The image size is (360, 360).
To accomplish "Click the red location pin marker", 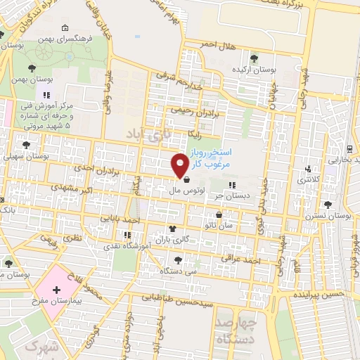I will click(x=180, y=165).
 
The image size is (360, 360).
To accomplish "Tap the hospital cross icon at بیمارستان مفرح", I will click(x=56, y=289).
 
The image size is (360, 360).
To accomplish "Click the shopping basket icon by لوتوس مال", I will click(x=186, y=180).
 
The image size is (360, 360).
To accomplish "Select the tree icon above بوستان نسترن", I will click(x=328, y=205).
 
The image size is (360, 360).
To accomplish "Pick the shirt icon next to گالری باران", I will click(x=172, y=229).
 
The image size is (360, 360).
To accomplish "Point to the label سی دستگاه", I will click(x=181, y=270).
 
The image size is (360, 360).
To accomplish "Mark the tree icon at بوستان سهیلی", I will click(x=26, y=145).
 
